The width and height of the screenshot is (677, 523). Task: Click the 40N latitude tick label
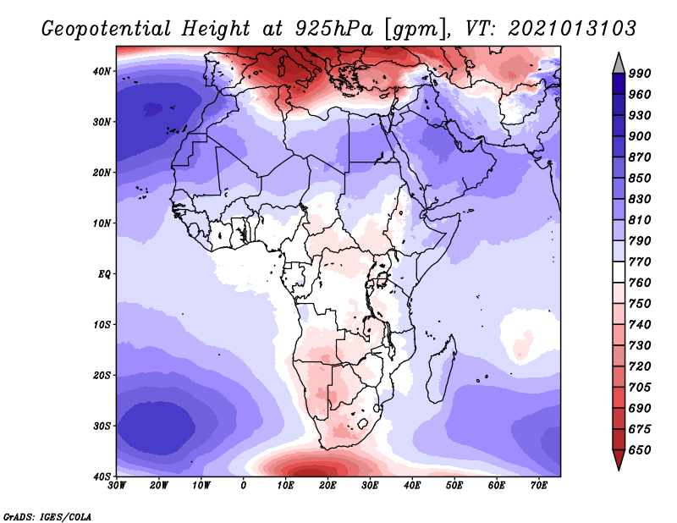pyautogui.click(x=101, y=71)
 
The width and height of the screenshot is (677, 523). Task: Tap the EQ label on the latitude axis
pyautogui.click(x=103, y=274)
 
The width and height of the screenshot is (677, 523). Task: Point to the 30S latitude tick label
pyautogui.click(x=101, y=426)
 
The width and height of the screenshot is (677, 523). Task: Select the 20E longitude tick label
pyautogui.click(x=327, y=486)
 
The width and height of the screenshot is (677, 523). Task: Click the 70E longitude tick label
pyautogui.click(x=538, y=486)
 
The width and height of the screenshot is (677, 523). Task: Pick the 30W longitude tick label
pyautogui.click(x=117, y=486)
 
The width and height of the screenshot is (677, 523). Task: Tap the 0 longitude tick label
pyautogui.click(x=243, y=486)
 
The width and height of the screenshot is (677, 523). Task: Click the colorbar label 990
pyautogui.click(x=640, y=73)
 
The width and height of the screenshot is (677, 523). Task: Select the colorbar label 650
pyautogui.click(x=640, y=450)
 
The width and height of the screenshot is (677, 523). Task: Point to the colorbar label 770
pyautogui.click(x=640, y=261)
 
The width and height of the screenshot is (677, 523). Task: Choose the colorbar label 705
pyautogui.click(x=640, y=387)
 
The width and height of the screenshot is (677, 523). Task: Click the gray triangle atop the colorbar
pyautogui.click(x=619, y=65)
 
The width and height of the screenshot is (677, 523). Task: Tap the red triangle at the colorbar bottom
pyautogui.click(x=619, y=460)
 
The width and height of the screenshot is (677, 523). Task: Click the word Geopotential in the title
pyautogui.click(x=106, y=30)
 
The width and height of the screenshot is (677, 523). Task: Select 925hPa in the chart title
pyautogui.click(x=333, y=29)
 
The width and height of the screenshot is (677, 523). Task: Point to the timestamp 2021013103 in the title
pyautogui.click(x=572, y=29)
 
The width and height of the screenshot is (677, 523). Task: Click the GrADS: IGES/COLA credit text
pyautogui.click(x=47, y=516)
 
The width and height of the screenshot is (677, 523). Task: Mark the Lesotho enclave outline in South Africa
pyautogui.click(x=363, y=423)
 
